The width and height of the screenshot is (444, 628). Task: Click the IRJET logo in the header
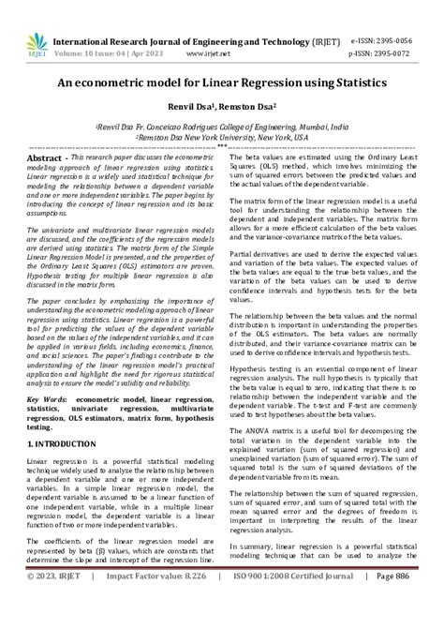coord(37,45)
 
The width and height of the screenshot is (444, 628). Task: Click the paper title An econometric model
coord(222,83)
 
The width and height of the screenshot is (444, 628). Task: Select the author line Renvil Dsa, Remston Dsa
coord(222,107)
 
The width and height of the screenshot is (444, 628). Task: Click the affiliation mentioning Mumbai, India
coord(222,125)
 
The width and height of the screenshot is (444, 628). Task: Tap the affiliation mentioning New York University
coord(222,136)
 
